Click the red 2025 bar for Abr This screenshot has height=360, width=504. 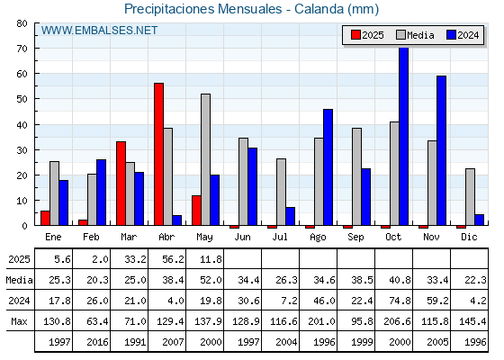coord(158,154)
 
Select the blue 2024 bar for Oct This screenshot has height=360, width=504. coord(404,136)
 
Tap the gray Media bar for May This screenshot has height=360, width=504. coord(206,159)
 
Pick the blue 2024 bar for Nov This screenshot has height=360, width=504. coord(442,150)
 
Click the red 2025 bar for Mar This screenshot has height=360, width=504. coord(121,184)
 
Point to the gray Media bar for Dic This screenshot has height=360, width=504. coord(470,197)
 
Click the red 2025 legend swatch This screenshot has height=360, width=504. coord(355,35)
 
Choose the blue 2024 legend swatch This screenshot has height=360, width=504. coord(451,35)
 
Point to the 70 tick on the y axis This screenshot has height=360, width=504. coord(22,49)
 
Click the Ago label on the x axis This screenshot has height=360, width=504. coord(319,238)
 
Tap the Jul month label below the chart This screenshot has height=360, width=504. coord(280,237)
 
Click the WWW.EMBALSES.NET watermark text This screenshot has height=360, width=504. coord(99,31)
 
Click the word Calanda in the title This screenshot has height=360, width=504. coord(319,9)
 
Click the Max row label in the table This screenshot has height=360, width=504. coord(19,321)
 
